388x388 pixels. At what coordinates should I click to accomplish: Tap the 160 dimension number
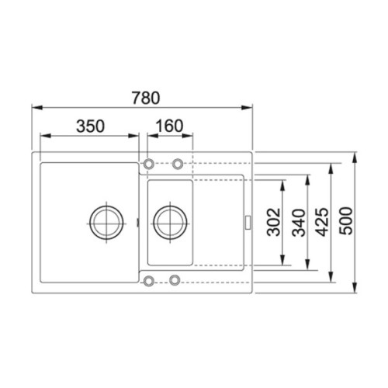[x=168, y=125]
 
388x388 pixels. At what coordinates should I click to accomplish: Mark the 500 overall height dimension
[x=346, y=222]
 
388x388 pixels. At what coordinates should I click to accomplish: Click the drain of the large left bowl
[x=104, y=222]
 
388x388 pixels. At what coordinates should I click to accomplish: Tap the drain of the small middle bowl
[x=168, y=222]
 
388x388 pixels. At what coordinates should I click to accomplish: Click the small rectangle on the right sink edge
[x=248, y=222]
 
